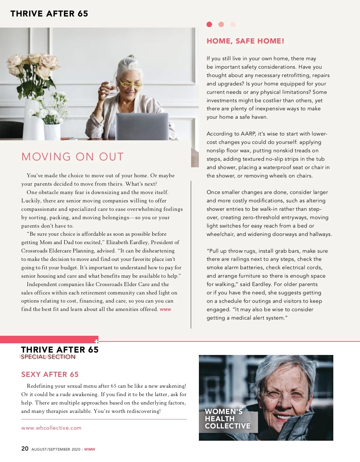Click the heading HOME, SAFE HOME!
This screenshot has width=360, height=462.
[x=245, y=41]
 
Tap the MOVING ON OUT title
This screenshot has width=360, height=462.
[x=73, y=157]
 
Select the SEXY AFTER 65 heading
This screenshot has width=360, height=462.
[x=50, y=374]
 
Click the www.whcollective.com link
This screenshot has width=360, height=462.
[x=51, y=428]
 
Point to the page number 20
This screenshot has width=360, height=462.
[x=25, y=449]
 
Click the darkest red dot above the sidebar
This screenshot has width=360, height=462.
[x=209, y=24]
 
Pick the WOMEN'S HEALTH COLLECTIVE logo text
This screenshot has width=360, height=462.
[x=227, y=419]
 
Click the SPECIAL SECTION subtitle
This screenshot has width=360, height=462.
[x=48, y=357]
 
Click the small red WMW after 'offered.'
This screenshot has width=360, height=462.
[x=165, y=309]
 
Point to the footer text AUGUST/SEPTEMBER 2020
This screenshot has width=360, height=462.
[x=56, y=449]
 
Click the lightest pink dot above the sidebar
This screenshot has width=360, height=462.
[x=233, y=24]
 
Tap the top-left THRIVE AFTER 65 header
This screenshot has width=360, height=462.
[x=49, y=13]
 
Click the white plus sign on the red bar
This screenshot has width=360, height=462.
[x=96, y=341]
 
